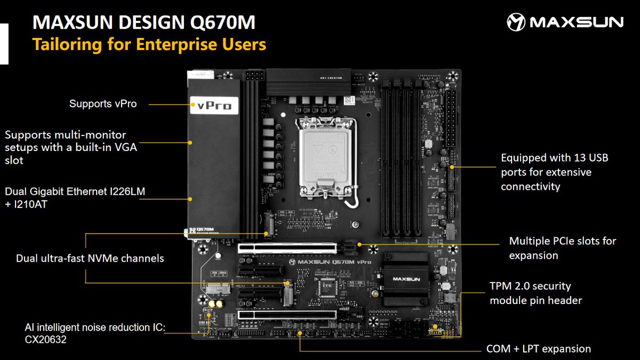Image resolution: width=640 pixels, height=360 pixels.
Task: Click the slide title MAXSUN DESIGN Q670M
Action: tap(144, 22)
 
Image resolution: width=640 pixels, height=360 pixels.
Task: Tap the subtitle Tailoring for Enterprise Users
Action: tap(149, 44)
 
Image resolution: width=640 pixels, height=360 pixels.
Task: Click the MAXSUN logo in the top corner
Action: tap(565, 22)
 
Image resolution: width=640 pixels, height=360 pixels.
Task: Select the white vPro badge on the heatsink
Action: tap(214, 106)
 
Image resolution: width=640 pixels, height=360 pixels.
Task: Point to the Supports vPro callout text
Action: tap(103, 104)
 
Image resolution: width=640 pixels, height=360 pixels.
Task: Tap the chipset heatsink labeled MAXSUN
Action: tap(407, 278)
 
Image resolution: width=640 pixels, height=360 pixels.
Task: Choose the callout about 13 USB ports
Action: tap(554, 172)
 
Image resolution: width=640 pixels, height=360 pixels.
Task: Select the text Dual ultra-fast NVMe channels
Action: tap(90, 258)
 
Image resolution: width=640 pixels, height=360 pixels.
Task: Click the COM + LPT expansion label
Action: tap(538, 349)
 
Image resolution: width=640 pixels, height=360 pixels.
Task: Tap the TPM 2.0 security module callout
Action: tap(535, 293)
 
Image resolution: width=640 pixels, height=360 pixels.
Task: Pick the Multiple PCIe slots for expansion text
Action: tap(562, 248)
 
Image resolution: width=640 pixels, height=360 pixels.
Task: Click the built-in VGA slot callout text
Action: tap(70, 148)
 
